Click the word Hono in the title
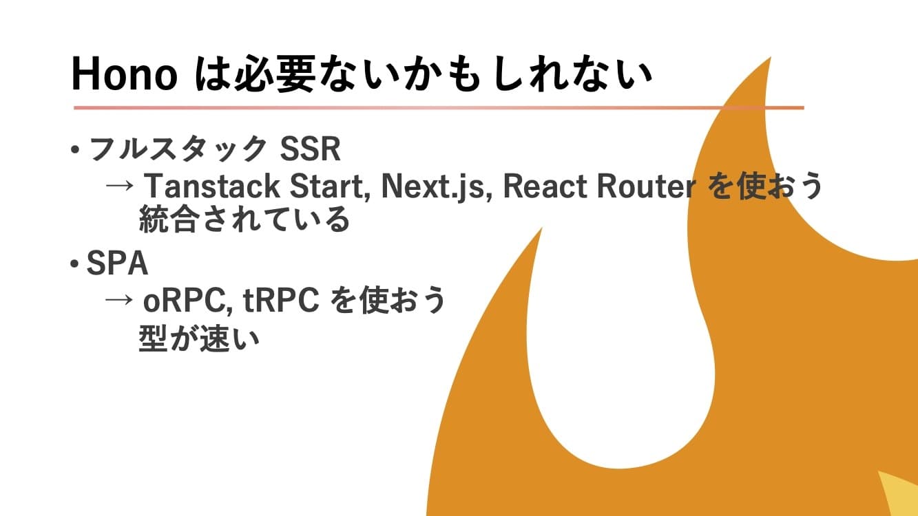[x=125, y=76]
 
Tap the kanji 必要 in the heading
[x=275, y=75]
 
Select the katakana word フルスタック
[x=178, y=149]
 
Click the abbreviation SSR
[x=310, y=149]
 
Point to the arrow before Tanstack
[x=120, y=186]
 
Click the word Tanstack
[x=212, y=186]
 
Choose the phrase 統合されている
[x=244, y=219]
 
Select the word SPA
[x=117, y=263]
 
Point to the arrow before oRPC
[x=119, y=300]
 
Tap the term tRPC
[x=281, y=300]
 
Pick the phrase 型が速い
[x=199, y=338]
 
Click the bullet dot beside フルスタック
[x=74, y=149]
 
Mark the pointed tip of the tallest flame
[x=771, y=57]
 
